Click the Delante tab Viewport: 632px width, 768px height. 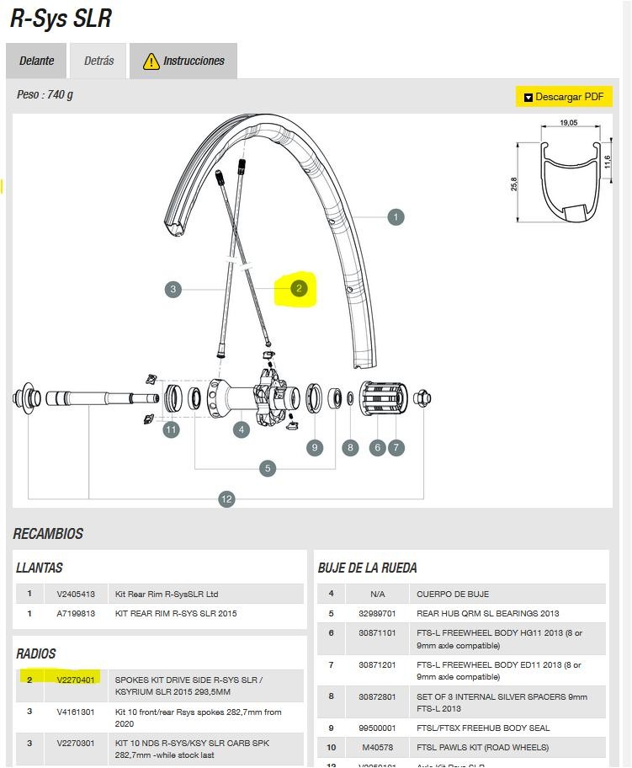(36, 61)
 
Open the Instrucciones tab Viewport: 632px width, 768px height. (183, 61)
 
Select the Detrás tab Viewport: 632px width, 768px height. (98, 61)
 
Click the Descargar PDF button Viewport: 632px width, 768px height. (563, 97)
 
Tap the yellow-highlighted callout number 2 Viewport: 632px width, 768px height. (299, 289)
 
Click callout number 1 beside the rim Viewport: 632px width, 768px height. (396, 217)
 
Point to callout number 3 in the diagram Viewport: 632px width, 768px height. (173, 289)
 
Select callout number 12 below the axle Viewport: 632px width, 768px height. (226, 499)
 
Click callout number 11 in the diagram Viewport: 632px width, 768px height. (172, 430)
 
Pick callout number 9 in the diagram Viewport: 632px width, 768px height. (315, 447)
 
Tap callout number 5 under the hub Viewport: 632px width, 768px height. (268, 468)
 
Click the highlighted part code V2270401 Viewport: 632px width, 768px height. (76, 680)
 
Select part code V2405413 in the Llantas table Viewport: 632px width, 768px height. (76, 594)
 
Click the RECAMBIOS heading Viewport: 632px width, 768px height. (48, 534)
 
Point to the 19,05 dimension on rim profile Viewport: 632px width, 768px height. (569, 123)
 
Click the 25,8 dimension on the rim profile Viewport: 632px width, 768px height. (514, 184)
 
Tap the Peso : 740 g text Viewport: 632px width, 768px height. (45, 94)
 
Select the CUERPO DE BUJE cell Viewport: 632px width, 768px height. (453, 594)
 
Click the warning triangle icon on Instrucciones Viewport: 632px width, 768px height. (151, 61)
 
